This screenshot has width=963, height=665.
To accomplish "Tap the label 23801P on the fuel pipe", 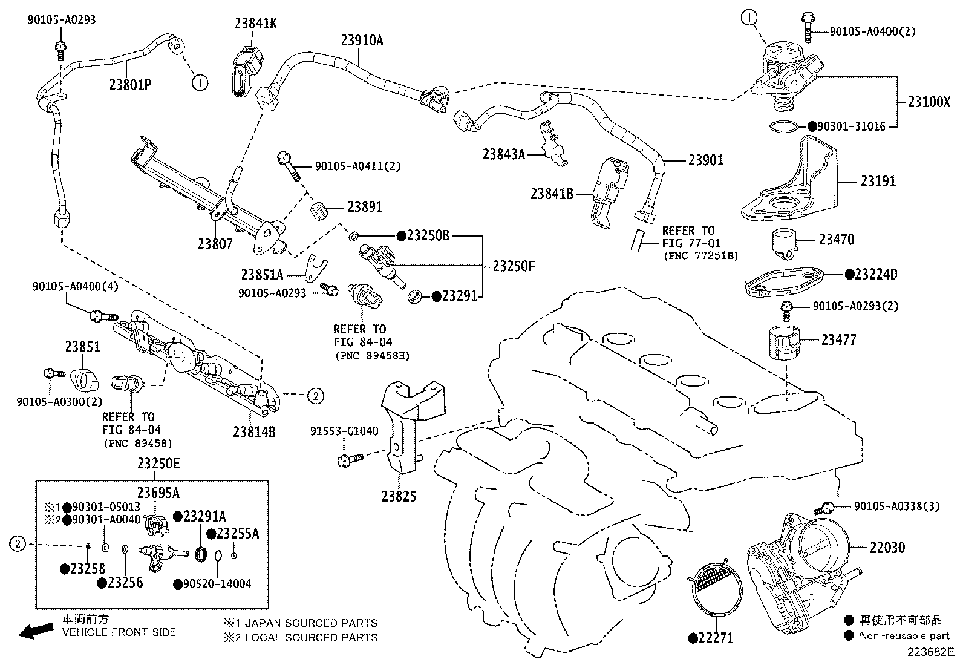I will (x=130, y=85).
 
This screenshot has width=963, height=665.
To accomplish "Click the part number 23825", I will (x=399, y=496).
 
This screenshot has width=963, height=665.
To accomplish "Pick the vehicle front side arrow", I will (x=36, y=631).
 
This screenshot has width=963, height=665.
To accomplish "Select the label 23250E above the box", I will (x=158, y=464).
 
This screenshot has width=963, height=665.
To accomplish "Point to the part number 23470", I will (x=837, y=240).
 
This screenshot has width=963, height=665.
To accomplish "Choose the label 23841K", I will (x=256, y=23).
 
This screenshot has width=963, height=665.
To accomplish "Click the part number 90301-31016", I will (x=851, y=126).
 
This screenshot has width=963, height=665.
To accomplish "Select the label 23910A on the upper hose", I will (x=362, y=41).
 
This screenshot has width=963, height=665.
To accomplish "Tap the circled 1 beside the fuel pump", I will (x=749, y=19).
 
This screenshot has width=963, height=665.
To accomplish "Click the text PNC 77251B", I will (x=700, y=255).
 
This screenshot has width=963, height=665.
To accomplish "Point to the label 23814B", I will (x=254, y=431).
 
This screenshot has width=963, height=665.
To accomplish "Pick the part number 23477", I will (x=838, y=340).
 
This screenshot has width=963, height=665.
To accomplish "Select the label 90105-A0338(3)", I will (x=896, y=506).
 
